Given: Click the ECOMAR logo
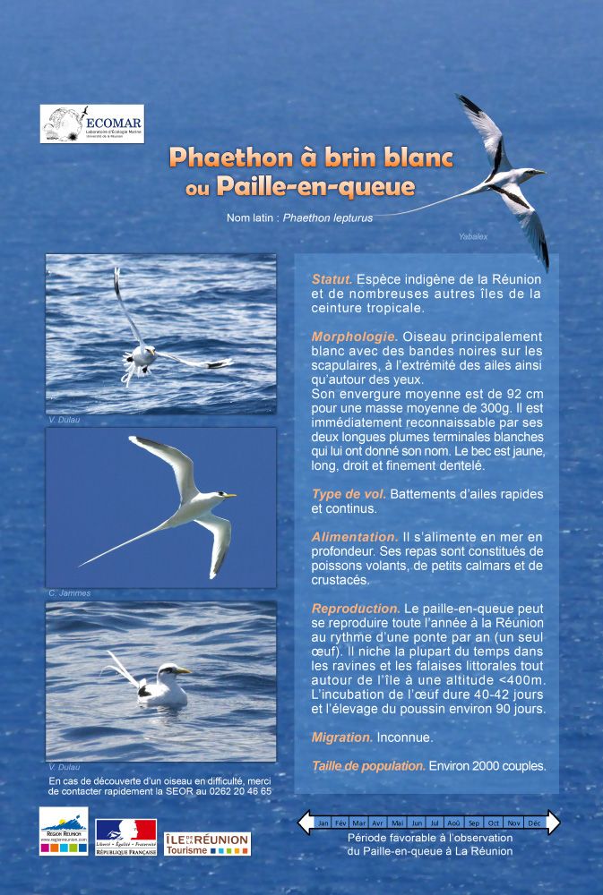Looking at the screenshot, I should [91, 124].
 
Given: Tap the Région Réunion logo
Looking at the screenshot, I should [64, 831].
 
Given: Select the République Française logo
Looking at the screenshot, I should [125, 837].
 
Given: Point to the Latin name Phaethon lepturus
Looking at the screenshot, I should [328, 217].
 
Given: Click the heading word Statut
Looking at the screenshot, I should [332, 279].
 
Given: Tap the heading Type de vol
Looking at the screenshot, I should [349, 494].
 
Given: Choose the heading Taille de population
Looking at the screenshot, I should [368, 766].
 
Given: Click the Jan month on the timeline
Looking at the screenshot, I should [323, 823].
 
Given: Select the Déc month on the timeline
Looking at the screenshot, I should [534, 823].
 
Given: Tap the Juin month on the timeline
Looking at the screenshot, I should [417, 823].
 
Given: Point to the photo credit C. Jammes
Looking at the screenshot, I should [69, 593].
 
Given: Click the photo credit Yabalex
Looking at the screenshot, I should [472, 236].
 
